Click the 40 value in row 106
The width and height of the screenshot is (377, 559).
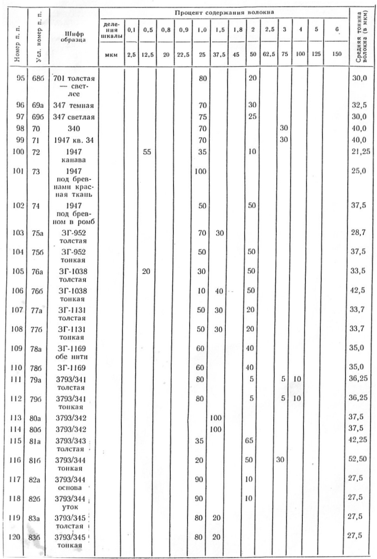point(218,291)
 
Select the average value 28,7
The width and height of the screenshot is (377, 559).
point(358,232)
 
